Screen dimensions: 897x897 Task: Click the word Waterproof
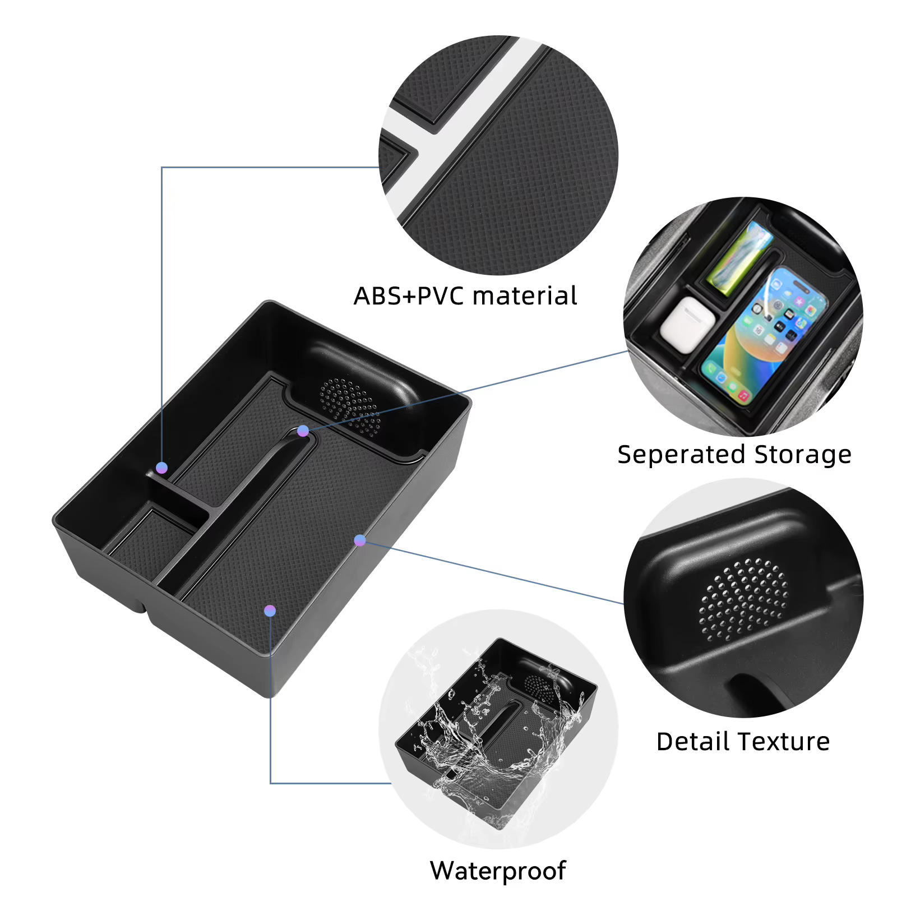point(498,871)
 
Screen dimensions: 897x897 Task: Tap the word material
point(525,295)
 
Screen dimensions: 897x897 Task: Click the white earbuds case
point(687,325)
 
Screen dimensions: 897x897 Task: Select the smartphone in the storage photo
point(764,335)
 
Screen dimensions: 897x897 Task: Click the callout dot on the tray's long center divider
point(303,431)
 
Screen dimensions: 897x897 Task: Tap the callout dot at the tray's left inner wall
point(161,468)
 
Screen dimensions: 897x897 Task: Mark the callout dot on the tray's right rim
point(360,540)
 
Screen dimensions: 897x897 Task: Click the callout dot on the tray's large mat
point(270,611)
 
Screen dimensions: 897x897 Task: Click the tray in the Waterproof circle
point(496,732)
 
